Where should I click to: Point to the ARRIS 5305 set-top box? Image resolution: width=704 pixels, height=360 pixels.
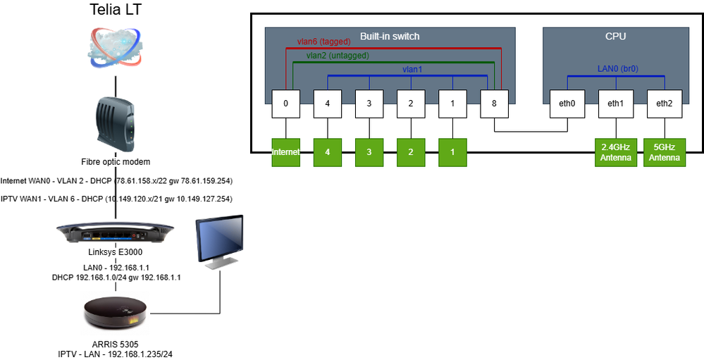pyautogui.click(x=116, y=314)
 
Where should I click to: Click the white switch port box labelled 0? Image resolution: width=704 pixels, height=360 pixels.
pyautogui.click(x=286, y=104)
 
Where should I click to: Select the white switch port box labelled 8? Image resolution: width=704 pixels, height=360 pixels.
pyautogui.click(x=493, y=104)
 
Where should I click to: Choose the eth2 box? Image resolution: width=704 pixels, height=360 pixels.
pyautogui.click(x=663, y=104)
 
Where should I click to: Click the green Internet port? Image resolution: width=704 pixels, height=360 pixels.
pyautogui.click(x=286, y=152)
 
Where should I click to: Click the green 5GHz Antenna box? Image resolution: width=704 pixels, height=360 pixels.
pyautogui.click(x=663, y=152)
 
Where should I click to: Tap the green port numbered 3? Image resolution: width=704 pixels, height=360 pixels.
pyautogui.click(x=369, y=152)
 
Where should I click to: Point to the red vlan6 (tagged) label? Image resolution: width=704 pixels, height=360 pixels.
pyautogui.click(x=325, y=42)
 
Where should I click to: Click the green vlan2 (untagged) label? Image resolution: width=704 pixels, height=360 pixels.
pyautogui.click(x=338, y=55)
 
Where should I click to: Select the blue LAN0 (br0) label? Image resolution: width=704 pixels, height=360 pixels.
pyautogui.click(x=615, y=69)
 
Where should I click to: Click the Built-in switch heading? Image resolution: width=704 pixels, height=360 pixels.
pyautogui.click(x=390, y=35)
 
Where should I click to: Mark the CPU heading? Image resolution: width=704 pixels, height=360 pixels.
pyautogui.click(x=615, y=35)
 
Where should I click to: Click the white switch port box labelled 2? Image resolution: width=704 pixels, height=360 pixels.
pyautogui.click(x=410, y=104)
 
